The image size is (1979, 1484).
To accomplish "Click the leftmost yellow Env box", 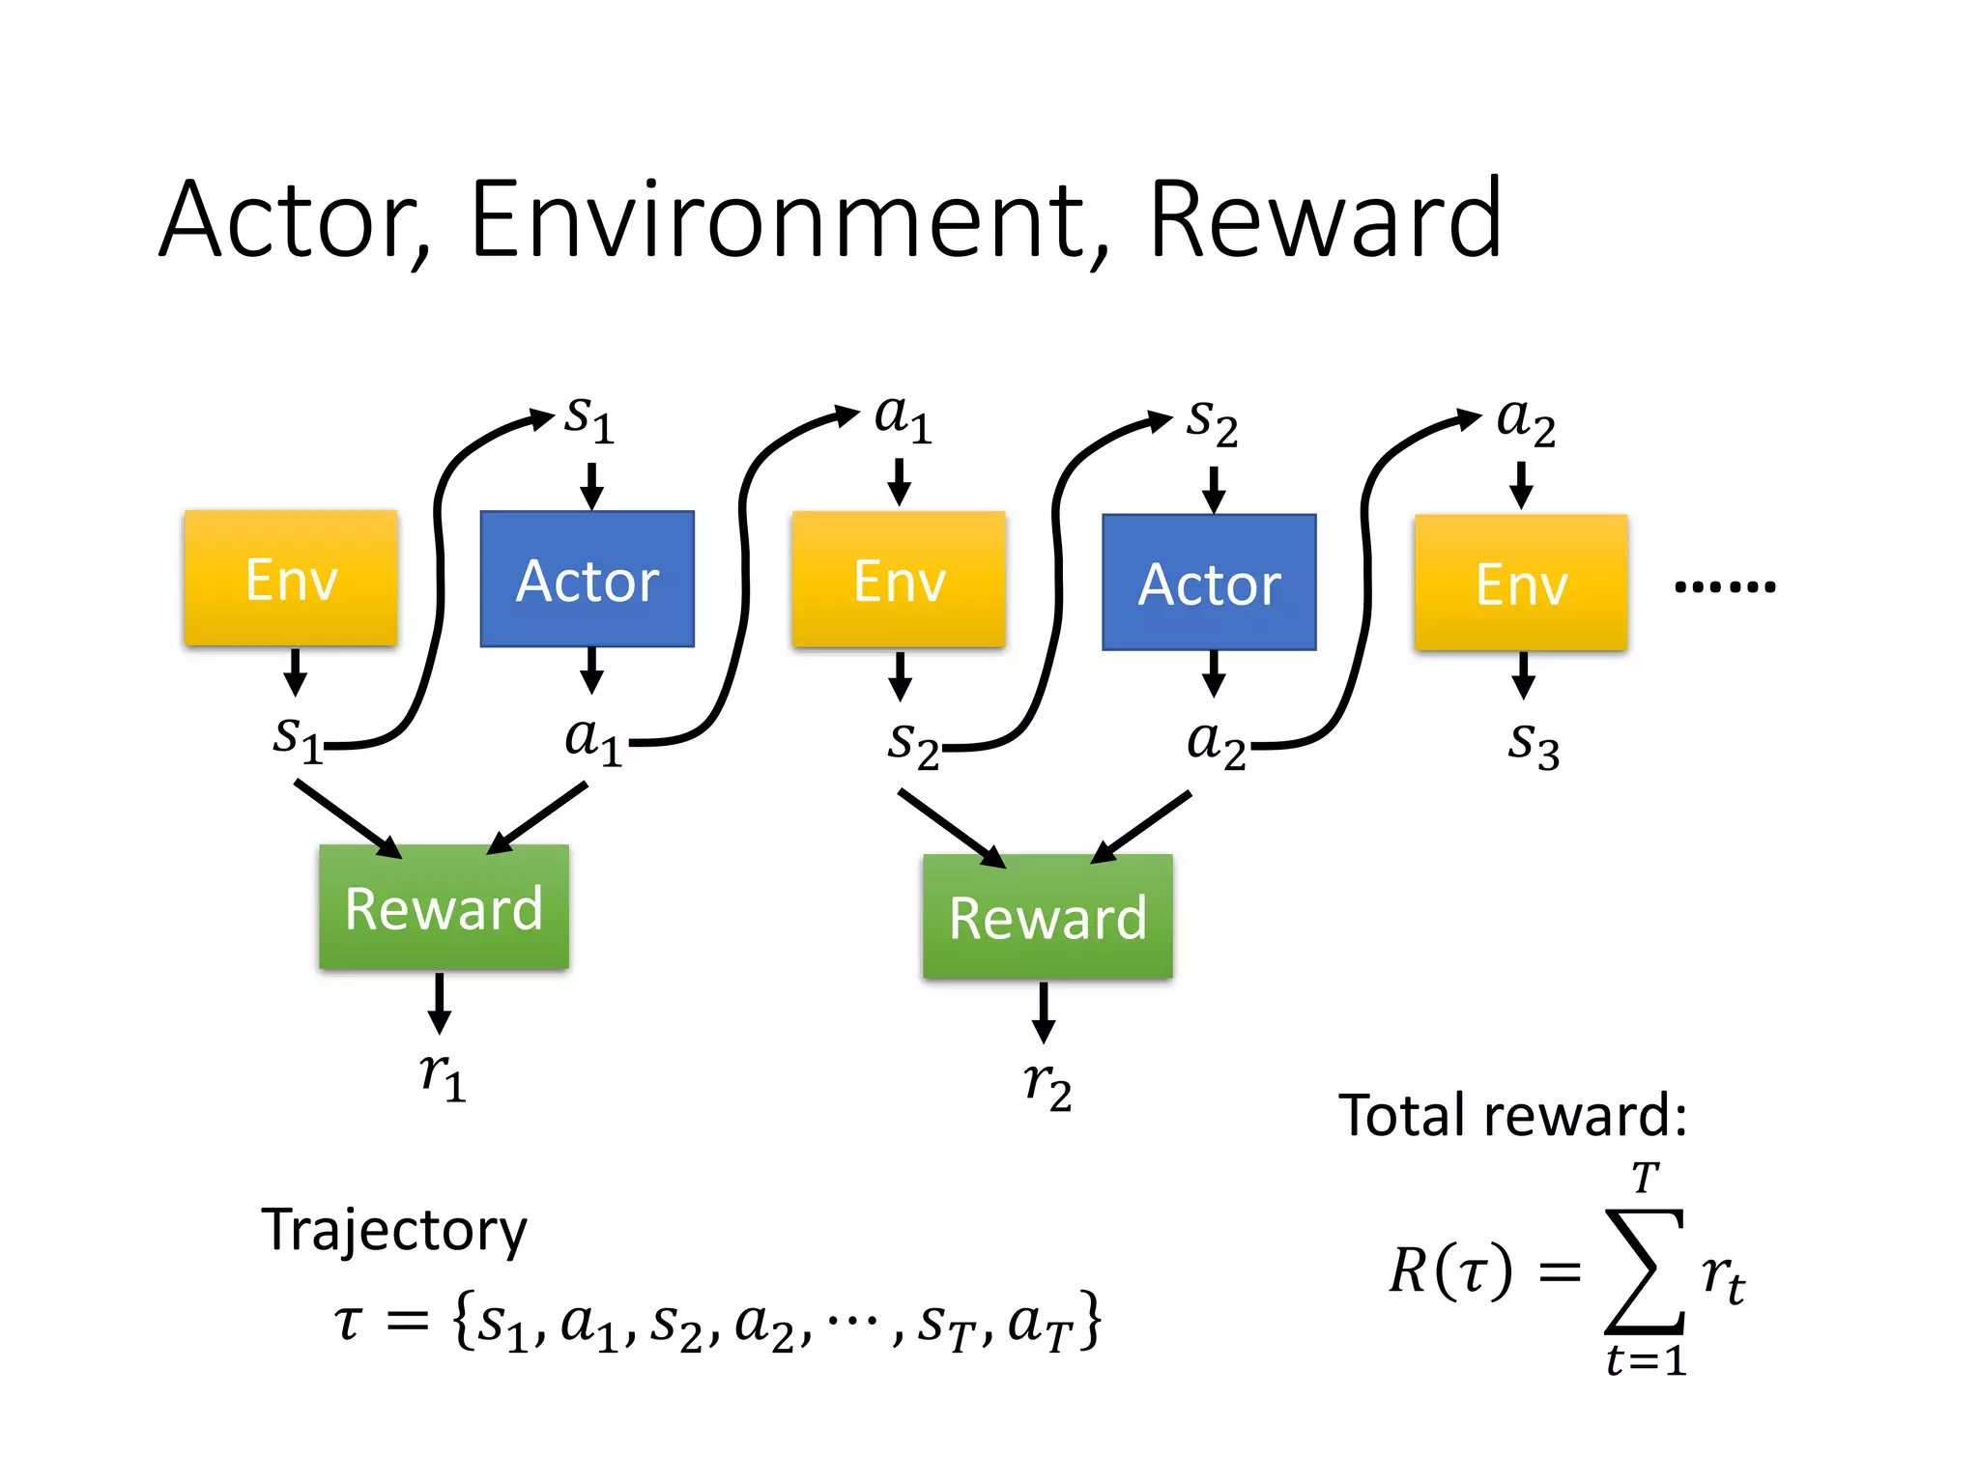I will click(x=291, y=578).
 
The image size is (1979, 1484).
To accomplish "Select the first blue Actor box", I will click(x=588, y=579).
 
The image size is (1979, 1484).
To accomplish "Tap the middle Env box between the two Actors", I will click(x=899, y=580).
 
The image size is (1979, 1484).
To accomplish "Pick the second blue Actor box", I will click(x=1209, y=583).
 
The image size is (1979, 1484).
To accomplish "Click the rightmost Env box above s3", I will click(x=1521, y=584).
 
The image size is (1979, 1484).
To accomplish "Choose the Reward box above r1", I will click(x=444, y=907).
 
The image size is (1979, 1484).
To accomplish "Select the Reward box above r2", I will click(x=1047, y=917).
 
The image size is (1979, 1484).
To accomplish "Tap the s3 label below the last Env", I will click(x=1534, y=745).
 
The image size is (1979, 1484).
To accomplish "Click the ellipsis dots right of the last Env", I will click(x=1725, y=586).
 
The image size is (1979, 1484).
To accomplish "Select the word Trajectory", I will click(x=394, y=1230).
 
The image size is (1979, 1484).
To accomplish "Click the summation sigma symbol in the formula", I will click(x=1645, y=1270).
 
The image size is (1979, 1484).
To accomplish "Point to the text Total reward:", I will click(x=1512, y=1116).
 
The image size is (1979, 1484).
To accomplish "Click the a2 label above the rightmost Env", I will click(x=1526, y=421).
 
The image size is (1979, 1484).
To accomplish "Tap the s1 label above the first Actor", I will click(x=589, y=419).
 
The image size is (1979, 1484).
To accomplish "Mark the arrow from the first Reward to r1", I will click(x=440, y=1003).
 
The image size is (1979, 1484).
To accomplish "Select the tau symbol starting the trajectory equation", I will click(x=349, y=1322).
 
